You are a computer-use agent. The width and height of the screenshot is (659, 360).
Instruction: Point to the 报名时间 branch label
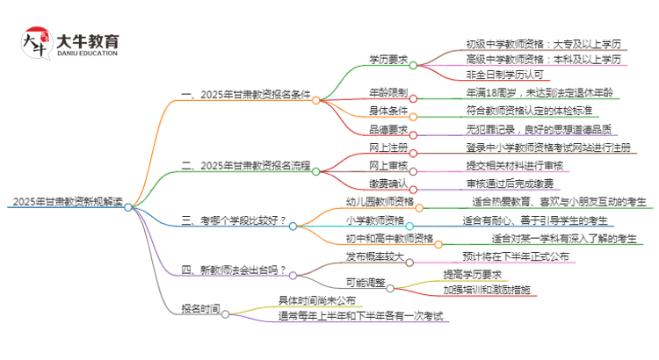200,310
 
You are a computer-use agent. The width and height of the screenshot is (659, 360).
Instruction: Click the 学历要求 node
388,60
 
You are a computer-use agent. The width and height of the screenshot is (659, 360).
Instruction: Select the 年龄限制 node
388,92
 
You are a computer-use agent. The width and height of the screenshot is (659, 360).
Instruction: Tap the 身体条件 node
388,112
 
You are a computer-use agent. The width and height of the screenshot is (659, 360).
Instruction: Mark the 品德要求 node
388,130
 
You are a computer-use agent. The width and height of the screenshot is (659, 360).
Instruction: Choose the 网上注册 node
388,148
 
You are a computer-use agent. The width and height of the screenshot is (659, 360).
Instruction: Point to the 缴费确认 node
388,184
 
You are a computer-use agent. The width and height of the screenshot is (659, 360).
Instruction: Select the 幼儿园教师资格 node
387,202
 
